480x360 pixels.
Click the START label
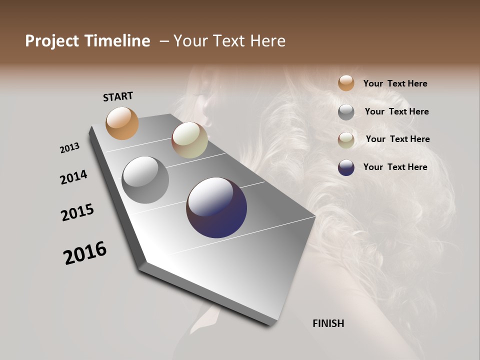(118, 96)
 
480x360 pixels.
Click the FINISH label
(328, 323)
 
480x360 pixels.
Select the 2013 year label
(69, 148)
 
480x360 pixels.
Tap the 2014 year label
(73, 177)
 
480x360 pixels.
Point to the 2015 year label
(77, 212)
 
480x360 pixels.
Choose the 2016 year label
(85, 253)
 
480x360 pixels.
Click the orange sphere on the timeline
(122, 123)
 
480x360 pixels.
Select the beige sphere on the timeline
(189, 140)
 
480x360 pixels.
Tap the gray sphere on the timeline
(145, 180)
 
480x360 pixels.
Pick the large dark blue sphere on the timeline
(216, 207)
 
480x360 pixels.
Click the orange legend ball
(346, 83)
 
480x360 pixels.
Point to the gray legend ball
(346, 112)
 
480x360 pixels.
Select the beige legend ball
(346, 140)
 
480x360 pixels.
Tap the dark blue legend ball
(346, 167)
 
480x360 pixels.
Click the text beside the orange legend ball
(395, 83)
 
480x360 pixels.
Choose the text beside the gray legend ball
(396, 111)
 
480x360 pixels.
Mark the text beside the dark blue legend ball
(395, 167)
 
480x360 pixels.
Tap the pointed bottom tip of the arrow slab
(270, 324)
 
